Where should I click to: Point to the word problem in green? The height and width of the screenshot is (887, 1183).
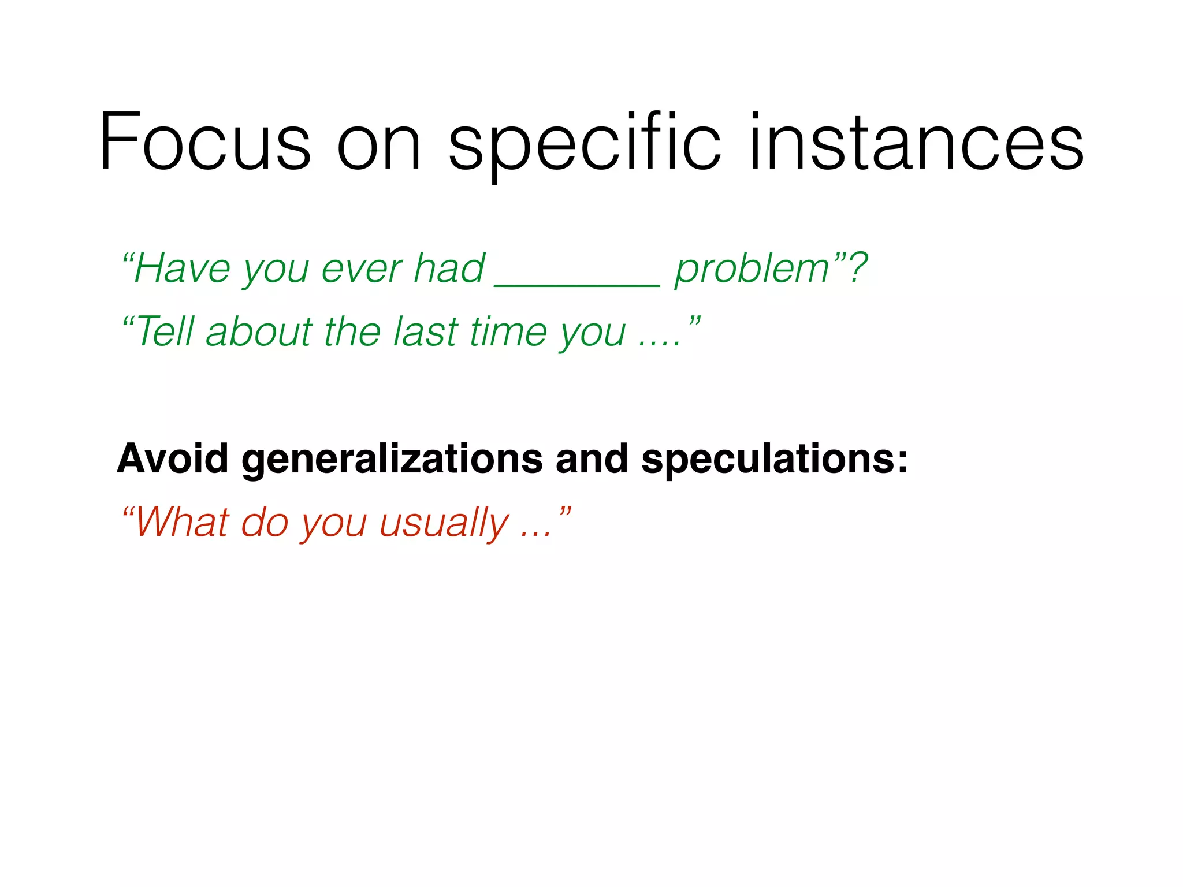pyautogui.click(x=752, y=269)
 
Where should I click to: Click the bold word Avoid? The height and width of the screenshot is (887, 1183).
pyautogui.click(x=173, y=459)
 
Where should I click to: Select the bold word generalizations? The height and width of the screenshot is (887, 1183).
pyautogui.click(x=392, y=460)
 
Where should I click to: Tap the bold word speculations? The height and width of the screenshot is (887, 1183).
pyautogui.click(x=774, y=460)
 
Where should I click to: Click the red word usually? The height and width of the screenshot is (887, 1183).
pyautogui.click(x=444, y=523)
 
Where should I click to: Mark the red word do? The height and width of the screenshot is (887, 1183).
pyautogui.click(x=264, y=522)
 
